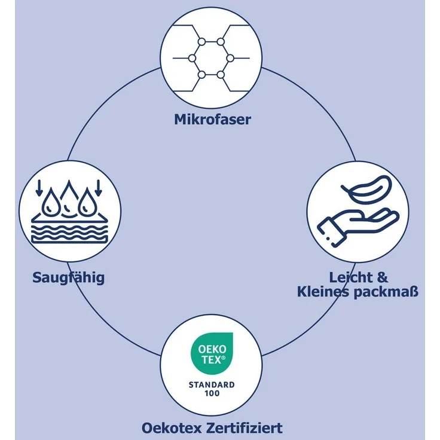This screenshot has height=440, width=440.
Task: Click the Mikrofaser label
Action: (x=212, y=120)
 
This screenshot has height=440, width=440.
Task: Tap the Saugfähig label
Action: (x=69, y=278)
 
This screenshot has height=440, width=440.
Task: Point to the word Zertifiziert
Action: (x=244, y=428)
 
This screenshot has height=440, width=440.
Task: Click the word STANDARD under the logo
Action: (x=212, y=385)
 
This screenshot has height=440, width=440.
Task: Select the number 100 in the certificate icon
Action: (x=212, y=393)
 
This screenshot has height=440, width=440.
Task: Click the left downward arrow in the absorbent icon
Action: (x=39, y=188)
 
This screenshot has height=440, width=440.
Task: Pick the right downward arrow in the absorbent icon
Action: (x=98, y=188)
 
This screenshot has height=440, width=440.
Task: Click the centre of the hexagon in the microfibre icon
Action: (x=211, y=59)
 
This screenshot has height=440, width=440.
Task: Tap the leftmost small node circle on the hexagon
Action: (x=192, y=59)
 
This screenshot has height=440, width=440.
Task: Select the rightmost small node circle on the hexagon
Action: (x=230, y=59)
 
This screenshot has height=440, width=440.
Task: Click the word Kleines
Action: (x=323, y=292)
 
